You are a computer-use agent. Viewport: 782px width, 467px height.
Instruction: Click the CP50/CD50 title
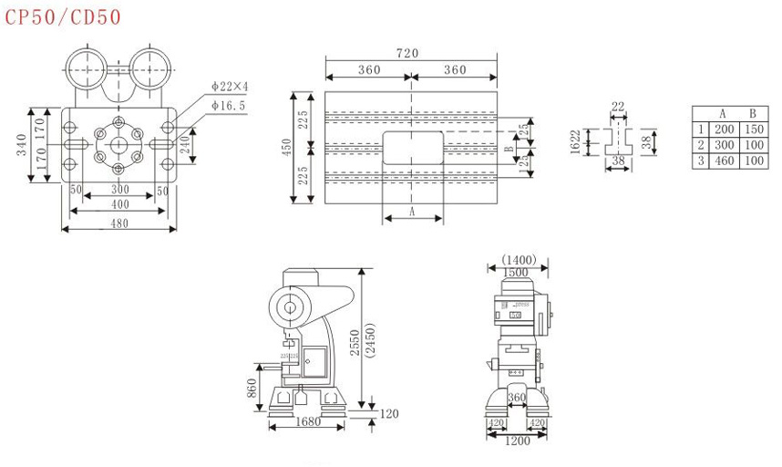[63, 16]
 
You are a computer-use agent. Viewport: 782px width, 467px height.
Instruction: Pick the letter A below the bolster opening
[412, 212]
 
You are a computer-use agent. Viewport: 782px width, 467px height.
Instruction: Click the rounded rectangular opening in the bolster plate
[412, 147]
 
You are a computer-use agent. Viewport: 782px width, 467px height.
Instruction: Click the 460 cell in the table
[724, 161]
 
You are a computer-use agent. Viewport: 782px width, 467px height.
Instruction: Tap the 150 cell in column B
[754, 130]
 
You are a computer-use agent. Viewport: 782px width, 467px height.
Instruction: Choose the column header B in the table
[754, 114]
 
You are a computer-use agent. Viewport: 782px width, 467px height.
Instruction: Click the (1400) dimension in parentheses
[518, 260]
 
